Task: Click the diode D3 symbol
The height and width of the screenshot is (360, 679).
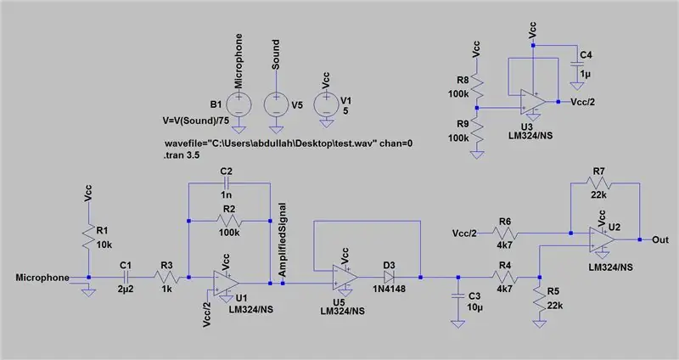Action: tap(388, 278)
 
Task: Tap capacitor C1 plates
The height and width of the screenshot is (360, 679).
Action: tap(126, 278)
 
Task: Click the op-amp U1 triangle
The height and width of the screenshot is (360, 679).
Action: tap(226, 283)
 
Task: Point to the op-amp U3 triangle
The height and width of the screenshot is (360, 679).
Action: tap(533, 102)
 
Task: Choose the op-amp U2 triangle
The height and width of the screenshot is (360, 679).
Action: tap(602, 239)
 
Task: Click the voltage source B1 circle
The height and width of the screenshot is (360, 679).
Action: tap(238, 104)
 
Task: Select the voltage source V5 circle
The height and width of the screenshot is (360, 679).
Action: tap(277, 104)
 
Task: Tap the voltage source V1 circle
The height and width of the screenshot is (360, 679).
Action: tap(326, 104)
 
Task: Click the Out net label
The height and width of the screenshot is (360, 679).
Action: tap(660, 239)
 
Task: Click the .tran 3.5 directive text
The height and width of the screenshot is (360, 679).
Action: tap(182, 155)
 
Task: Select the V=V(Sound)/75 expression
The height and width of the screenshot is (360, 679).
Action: tap(196, 121)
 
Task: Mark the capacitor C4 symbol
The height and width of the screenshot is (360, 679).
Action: tap(577, 65)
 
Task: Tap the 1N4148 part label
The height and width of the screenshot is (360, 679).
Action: tap(390, 289)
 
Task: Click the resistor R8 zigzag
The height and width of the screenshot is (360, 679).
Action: tap(477, 87)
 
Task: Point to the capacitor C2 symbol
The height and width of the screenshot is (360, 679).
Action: tap(226, 183)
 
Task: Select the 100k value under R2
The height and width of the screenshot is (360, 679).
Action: tap(229, 233)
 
